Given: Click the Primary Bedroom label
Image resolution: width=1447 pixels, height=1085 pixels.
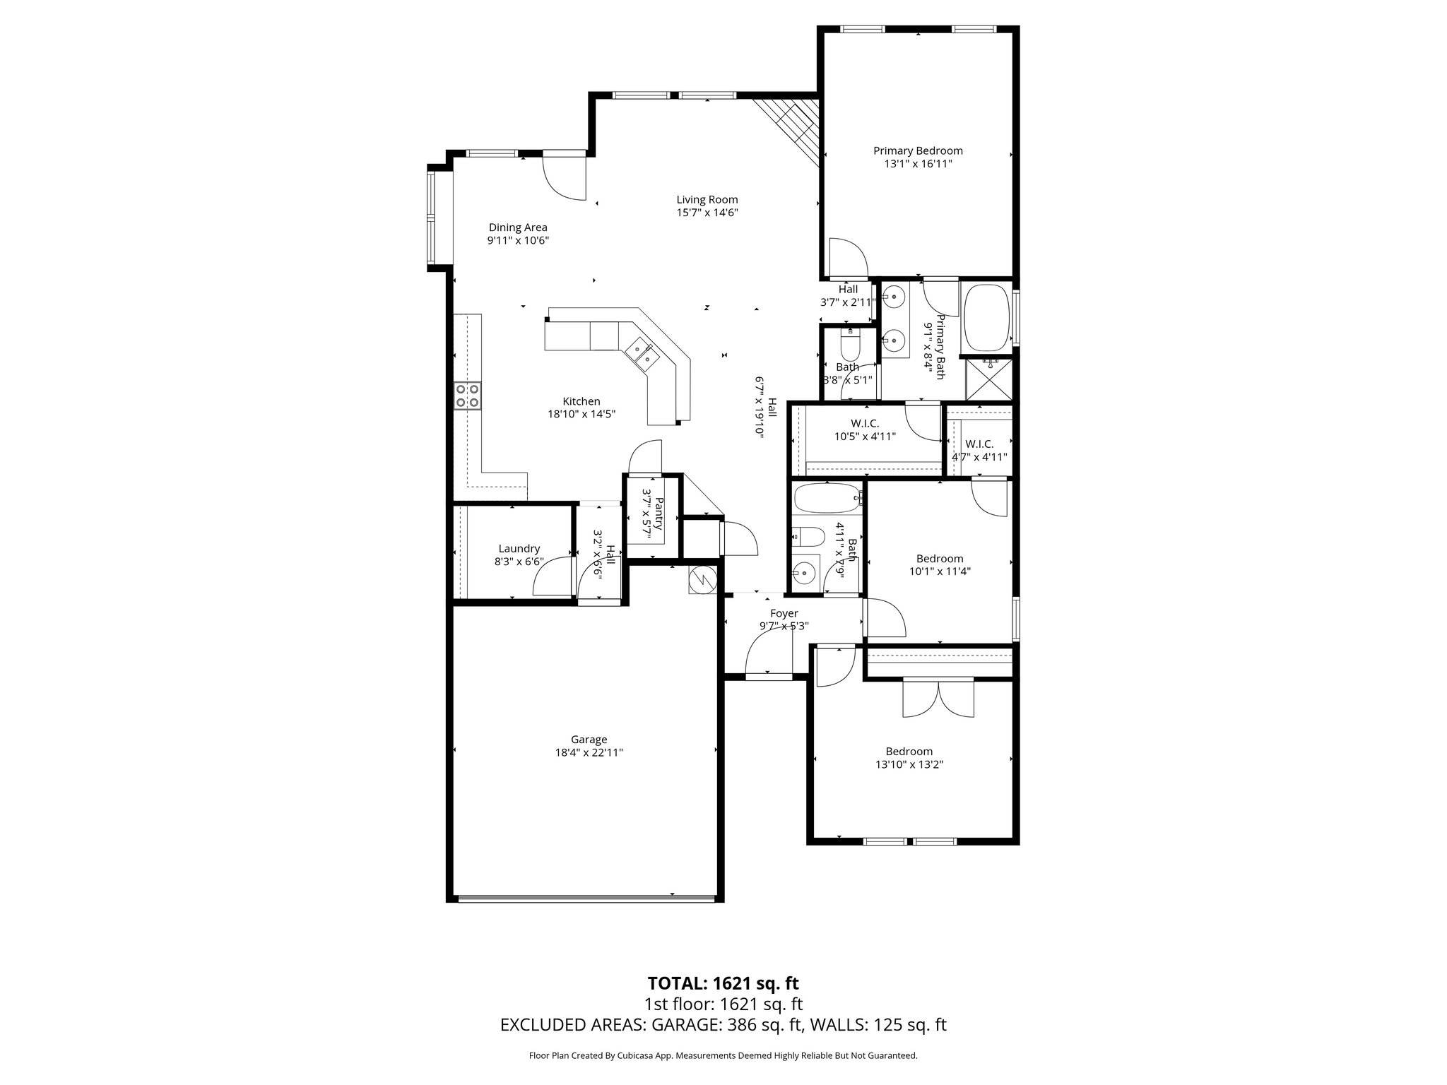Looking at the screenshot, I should [x=917, y=150].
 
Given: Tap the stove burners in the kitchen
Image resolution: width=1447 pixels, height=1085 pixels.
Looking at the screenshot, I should [x=467, y=396].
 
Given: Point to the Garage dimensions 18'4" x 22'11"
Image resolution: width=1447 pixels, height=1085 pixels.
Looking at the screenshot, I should [x=589, y=753].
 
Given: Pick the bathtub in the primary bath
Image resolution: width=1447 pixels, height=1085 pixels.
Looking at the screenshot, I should [x=988, y=317].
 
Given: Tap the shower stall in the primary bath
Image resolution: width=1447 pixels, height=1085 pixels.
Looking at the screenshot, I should [x=988, y=380].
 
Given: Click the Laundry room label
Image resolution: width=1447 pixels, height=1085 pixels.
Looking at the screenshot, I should [x=519, y=549].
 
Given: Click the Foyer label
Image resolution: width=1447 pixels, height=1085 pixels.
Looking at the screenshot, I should [x=784, y=613].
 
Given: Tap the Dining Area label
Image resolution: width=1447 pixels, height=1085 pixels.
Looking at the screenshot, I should [x=518, y=227].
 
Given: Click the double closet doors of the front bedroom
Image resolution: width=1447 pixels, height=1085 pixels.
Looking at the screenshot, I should [x=938, y=699].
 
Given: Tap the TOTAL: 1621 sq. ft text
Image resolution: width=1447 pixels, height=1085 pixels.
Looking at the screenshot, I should [x=723, y=983].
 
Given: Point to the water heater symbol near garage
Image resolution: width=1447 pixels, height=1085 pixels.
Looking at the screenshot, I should [x=702, y=581].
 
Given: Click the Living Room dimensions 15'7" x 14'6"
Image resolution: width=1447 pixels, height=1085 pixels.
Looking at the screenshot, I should [x=707, y=213].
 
